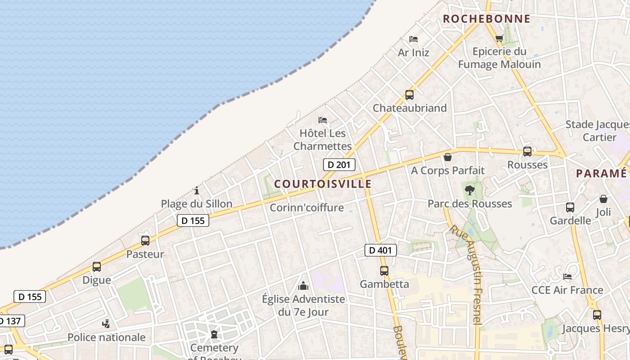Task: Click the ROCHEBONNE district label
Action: (x=486, y=19)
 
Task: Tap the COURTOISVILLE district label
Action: (x=323, y=184)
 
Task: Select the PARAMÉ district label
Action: (x=601, y=174)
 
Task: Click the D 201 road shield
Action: (x=339, y=165)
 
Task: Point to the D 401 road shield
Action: (x=380, y=250)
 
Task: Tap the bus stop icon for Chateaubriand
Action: (x=409, y=95)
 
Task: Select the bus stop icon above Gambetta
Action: (x=384, y=271)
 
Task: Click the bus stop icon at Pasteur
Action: (x=145, y=241)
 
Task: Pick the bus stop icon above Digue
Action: (x=96, y=267)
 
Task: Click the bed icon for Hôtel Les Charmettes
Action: (x=323, y=120)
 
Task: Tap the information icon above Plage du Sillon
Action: (x=197, y=190)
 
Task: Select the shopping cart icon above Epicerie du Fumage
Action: (x=499, y=39)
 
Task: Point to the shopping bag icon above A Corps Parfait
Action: (x=447, y=157)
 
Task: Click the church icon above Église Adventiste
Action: (x=303, y=286)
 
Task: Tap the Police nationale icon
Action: (x=106, y=324)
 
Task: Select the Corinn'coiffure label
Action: (x=306, y=207)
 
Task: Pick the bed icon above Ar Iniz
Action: (x=414, y=39)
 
